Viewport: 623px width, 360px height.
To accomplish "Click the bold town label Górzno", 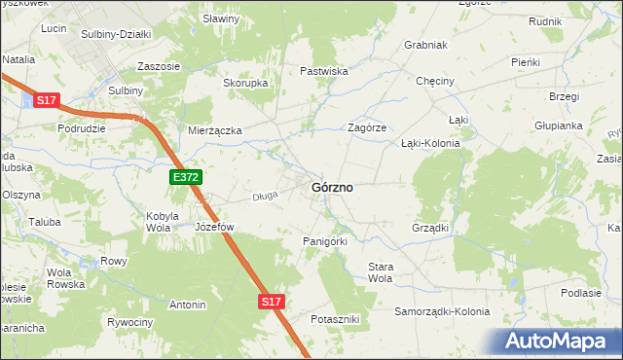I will [331, 186].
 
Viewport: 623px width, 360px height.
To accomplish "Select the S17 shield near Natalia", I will [47, 100].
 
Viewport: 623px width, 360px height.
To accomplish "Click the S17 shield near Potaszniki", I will [272, 303].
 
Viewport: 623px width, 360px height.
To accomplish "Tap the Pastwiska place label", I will [324, 71].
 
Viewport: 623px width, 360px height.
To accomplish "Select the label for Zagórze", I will [368, 127].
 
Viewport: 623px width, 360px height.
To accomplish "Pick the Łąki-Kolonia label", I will [430, 142].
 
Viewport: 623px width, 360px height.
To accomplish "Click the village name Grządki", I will [430, 228].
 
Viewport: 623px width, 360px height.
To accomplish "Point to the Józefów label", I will [215, 227].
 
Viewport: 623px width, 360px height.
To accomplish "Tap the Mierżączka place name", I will [215, 129].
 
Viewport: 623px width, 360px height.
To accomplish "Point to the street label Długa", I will [265, 196].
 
